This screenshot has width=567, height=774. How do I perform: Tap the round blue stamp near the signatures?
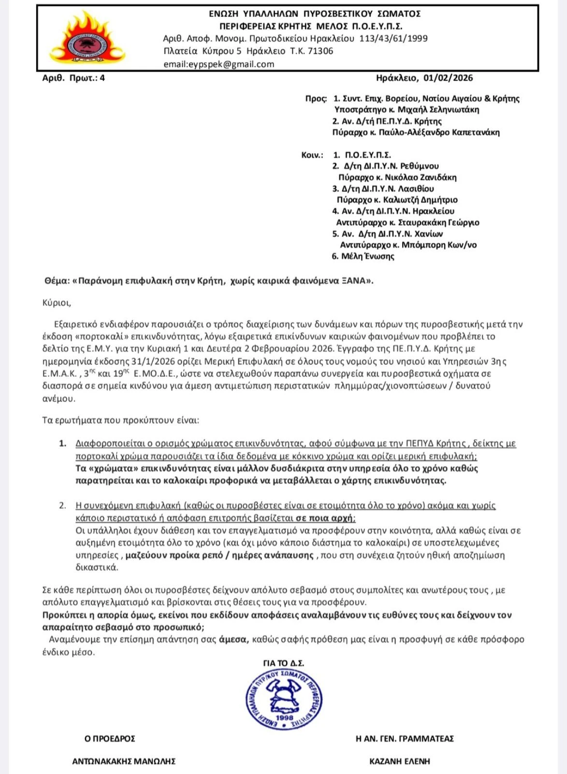tap(284, 699)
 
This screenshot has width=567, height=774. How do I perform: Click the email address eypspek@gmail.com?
tap(218, 64)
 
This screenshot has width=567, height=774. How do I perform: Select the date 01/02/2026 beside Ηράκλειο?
tap(448, 78)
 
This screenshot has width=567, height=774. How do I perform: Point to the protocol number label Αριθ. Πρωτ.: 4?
tap(73, 78)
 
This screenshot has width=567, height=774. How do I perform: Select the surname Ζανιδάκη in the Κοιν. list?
tap(436, 178)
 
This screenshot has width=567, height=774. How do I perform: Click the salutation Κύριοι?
tap(57, 303)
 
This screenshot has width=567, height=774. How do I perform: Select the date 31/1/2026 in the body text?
tap(149, 361)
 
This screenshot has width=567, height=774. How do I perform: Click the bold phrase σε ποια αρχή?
tap(325, 518)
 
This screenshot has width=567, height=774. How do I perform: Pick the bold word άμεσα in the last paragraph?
tap(233, 640)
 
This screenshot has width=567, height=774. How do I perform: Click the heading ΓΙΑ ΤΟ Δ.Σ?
tap(284, 663)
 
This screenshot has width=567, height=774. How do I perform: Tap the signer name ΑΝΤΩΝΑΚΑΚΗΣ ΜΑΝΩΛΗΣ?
tap(124, 761)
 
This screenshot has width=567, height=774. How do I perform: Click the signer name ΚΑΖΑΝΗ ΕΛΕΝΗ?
tap(399, 761)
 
